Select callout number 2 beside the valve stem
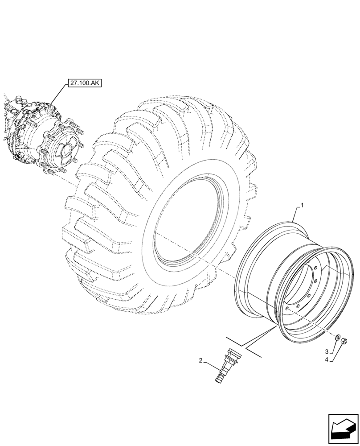pyautogui.click(x=201, y=360)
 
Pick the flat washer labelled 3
pyautogui.click(x=338, y=337)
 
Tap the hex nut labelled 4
pyautogui.click(x=345, y=342)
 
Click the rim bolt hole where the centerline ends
pyautogui.click(x=287, y=308)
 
